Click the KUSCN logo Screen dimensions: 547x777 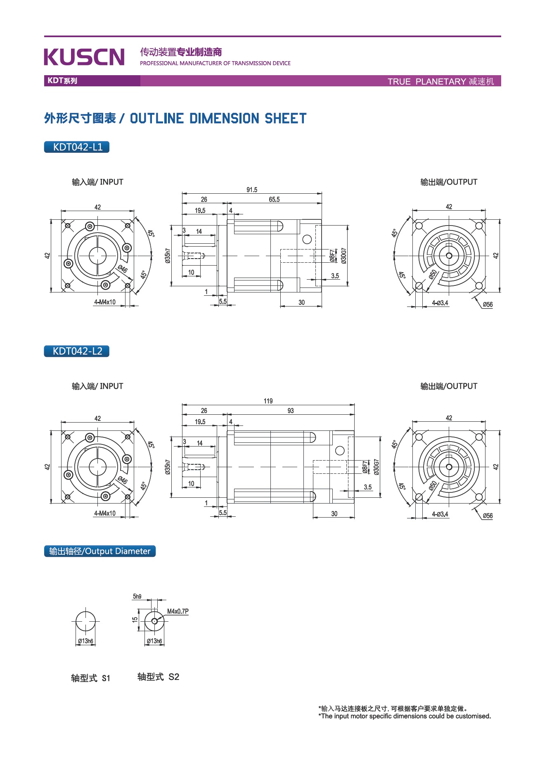click(x=84, y=57)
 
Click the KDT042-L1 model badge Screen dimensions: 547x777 click(x=77, y=147)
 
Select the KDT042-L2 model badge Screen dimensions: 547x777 click(x=77, y=351)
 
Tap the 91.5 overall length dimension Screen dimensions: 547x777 click(x=252, y=190)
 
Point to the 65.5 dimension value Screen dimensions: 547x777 click(x=274, y=200)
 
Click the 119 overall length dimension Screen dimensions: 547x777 click(x=268, y=401)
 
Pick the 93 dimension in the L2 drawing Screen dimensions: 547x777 click(x=291, y=411)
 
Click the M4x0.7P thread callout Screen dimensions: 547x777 click(x=178, y=611)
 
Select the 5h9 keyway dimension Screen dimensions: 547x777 click(x=137, y=596)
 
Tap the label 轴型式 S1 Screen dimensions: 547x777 click(x=91, y=678)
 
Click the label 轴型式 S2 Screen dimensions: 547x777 click(x=159, y=677)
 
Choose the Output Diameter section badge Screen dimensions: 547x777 click(x=100, y=551)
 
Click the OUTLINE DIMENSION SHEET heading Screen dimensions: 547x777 click(x=218, y=119)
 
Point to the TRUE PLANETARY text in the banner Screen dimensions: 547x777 click(x=427, y=81)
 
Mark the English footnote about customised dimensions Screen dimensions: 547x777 click(x=405, y=716)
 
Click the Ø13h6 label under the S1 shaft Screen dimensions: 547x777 click(x=85, y=641)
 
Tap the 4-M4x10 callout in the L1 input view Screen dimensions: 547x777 click(x=105, y=302)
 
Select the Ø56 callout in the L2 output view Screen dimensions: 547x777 click(x=488, y=516)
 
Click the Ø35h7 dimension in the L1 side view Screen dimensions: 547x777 click(x=167, y=256)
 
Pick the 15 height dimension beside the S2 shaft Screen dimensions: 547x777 click(x=135, y=620)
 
